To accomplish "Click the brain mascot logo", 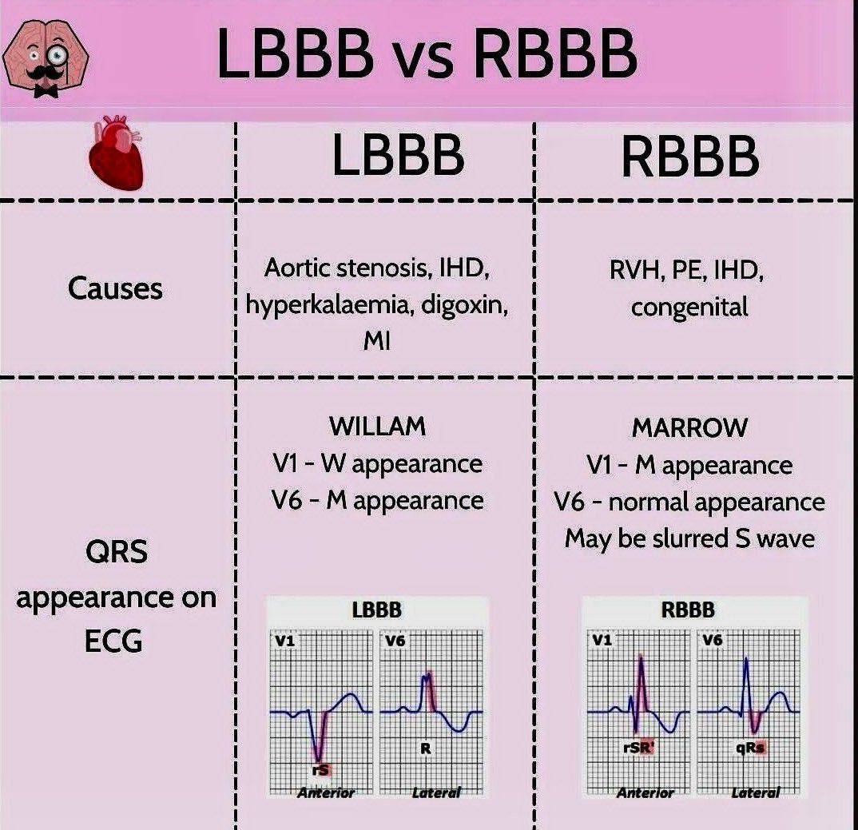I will pos(46,60).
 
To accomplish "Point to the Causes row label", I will pos(115,288).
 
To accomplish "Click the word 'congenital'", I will pos(689,307).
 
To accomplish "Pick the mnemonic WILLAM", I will pos(377,427).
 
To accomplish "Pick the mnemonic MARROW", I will pos(689,427).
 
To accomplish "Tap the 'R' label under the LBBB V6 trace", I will pos(425,749).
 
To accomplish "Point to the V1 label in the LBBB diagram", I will pos(285,641).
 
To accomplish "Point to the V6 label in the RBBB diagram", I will pos(712,640).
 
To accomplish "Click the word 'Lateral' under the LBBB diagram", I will pos(436,792).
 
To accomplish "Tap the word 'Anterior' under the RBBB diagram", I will pos(645,792).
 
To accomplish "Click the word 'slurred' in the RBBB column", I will pos(691,538).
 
